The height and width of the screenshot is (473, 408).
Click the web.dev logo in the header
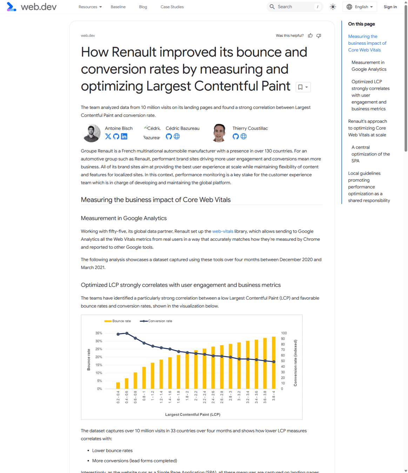coord(31,7)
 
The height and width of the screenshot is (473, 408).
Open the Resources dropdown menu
coord(90,7)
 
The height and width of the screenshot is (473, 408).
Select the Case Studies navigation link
coord(172,7)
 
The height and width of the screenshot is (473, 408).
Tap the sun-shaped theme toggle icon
coord(333,7)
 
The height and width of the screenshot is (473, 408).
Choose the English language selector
coord(360,7)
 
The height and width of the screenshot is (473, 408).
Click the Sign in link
coord(390,7)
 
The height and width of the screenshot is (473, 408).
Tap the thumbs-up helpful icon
coord(310,35)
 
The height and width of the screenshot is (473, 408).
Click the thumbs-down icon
coord(319,35)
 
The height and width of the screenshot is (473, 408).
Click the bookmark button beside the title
coord(303,87)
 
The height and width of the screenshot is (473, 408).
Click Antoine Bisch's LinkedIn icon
coord(124,136)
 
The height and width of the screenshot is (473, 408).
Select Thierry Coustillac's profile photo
coord(219,133)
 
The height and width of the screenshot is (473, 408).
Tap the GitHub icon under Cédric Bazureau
coord(169,136)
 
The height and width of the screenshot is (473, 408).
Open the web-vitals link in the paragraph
coord(222,231)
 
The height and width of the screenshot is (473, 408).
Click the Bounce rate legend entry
coord(118,321)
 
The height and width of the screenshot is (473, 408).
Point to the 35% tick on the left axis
coord(99,333)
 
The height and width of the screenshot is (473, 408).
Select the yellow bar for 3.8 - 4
coord(274,363)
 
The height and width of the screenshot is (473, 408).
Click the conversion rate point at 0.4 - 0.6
coord(127,333)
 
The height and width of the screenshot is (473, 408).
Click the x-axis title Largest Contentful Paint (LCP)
coord(193,414)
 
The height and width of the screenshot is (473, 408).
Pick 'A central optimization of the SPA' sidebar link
coord(370,154)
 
